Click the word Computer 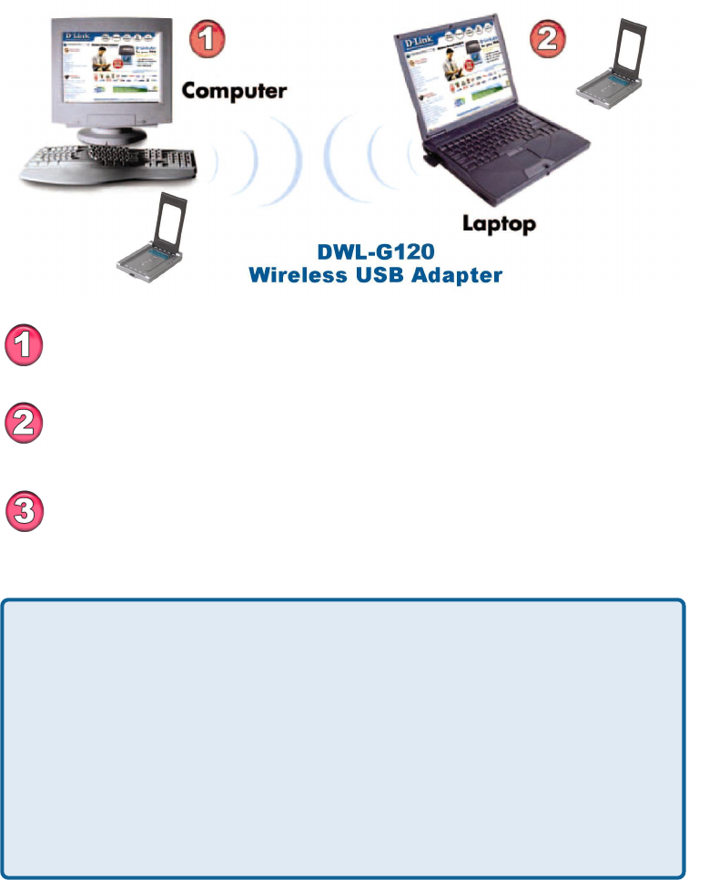[x=235, y=91]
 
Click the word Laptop [x=499, y=222]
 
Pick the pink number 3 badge [x=27, y=509]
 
